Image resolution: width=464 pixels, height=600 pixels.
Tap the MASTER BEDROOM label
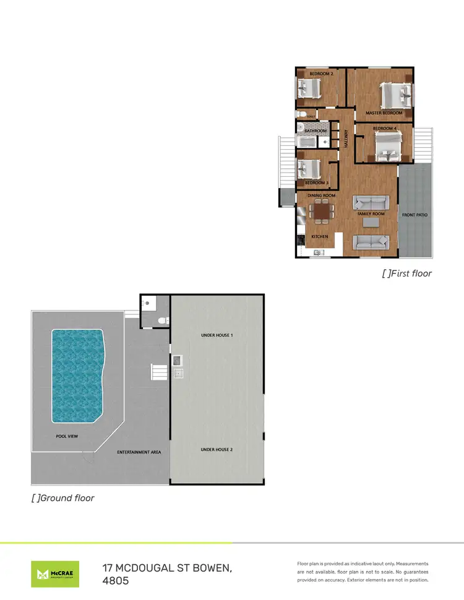(384, 113)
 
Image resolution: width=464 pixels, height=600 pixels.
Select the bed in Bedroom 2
(309, 88)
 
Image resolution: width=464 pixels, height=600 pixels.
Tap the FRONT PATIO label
(415, 215)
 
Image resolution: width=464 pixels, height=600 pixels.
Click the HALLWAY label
(346, 137)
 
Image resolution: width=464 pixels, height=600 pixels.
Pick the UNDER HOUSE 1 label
(217, 335)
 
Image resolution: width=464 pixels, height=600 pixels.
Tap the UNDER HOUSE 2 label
(217, 450)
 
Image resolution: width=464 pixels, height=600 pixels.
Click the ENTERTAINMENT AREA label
(139, 452)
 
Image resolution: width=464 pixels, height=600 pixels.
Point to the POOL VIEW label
(67, 436)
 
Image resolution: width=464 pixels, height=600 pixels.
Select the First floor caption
(406, 273)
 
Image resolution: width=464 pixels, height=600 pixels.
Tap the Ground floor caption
(63, 497)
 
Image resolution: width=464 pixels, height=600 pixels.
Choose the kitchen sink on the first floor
(319, 252)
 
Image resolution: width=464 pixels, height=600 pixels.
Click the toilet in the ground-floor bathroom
(162, 320)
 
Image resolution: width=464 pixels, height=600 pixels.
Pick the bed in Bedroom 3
(309, 169)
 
